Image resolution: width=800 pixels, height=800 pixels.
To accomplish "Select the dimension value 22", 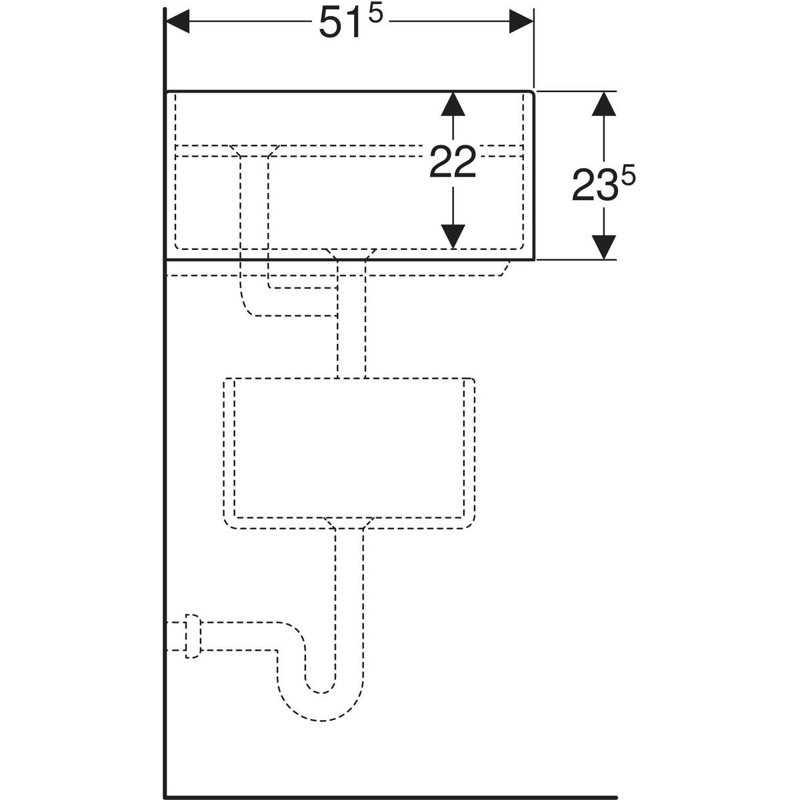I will pos(453,163).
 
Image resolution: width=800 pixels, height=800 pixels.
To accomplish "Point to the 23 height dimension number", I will pos(592,186).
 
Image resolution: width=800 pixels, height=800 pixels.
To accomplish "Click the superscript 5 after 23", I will pos(628,177).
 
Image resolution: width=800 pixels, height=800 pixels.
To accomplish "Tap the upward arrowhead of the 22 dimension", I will pos(453,103).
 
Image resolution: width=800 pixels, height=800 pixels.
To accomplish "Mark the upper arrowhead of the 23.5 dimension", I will pos(603,103).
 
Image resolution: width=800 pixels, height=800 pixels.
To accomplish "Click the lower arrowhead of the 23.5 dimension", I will pos(603,247).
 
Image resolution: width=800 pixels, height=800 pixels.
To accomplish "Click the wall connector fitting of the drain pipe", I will pos(193,636).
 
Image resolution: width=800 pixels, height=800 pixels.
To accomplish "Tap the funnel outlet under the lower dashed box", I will pos(348,523).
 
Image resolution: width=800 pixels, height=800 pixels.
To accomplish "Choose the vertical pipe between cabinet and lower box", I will pos(351,333).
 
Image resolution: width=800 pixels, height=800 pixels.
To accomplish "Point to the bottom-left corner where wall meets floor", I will pos(165,795).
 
